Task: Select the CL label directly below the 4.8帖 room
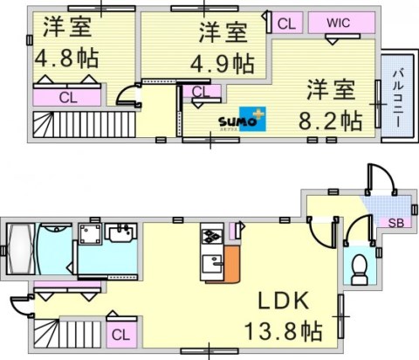67,98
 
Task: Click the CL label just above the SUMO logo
200,92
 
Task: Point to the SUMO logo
239,120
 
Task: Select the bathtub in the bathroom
19,249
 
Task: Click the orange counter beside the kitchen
233,263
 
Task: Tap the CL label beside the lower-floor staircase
121,333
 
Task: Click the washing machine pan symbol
89,233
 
